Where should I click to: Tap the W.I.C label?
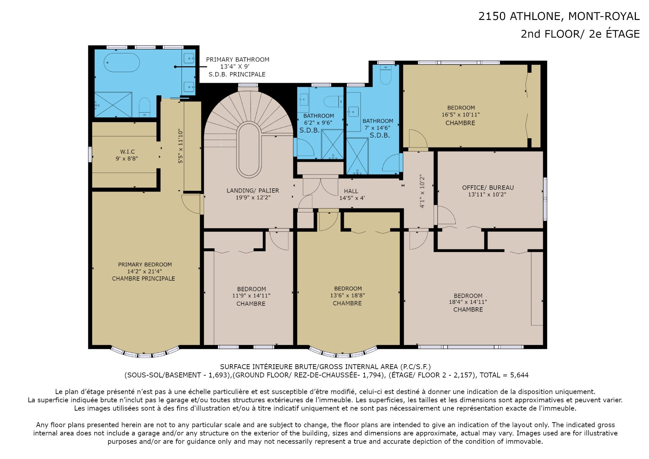[x=127, y=152]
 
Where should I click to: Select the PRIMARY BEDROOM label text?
[x=145, y=265]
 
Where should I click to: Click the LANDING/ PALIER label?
[x=253, y=190]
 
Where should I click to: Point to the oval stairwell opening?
[x=249, y=151]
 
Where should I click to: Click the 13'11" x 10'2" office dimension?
[x=487, y=194]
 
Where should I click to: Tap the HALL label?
[x=351, y=191]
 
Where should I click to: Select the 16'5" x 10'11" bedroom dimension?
[x=460, y=115]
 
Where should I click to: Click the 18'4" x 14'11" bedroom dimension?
[x=468, y=302]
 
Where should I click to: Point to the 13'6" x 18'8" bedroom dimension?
[x=347, y=295]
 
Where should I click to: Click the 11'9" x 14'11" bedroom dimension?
[x=251, y=296]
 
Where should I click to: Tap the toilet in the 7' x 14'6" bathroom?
[x=386, y=75]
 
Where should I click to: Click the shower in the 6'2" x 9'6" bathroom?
[x=333, y=144]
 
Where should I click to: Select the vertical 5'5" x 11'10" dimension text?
[x=181, y=146]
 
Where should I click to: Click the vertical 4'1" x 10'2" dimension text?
[x=422, y=191]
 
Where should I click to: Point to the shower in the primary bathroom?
[x=113, y=105]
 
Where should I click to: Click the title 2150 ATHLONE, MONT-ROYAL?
[x=559, y=16]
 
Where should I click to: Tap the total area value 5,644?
[x=519, y=375]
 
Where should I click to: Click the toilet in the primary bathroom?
[x=144, y=107]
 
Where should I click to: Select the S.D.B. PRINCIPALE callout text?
[x=237, y=74]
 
